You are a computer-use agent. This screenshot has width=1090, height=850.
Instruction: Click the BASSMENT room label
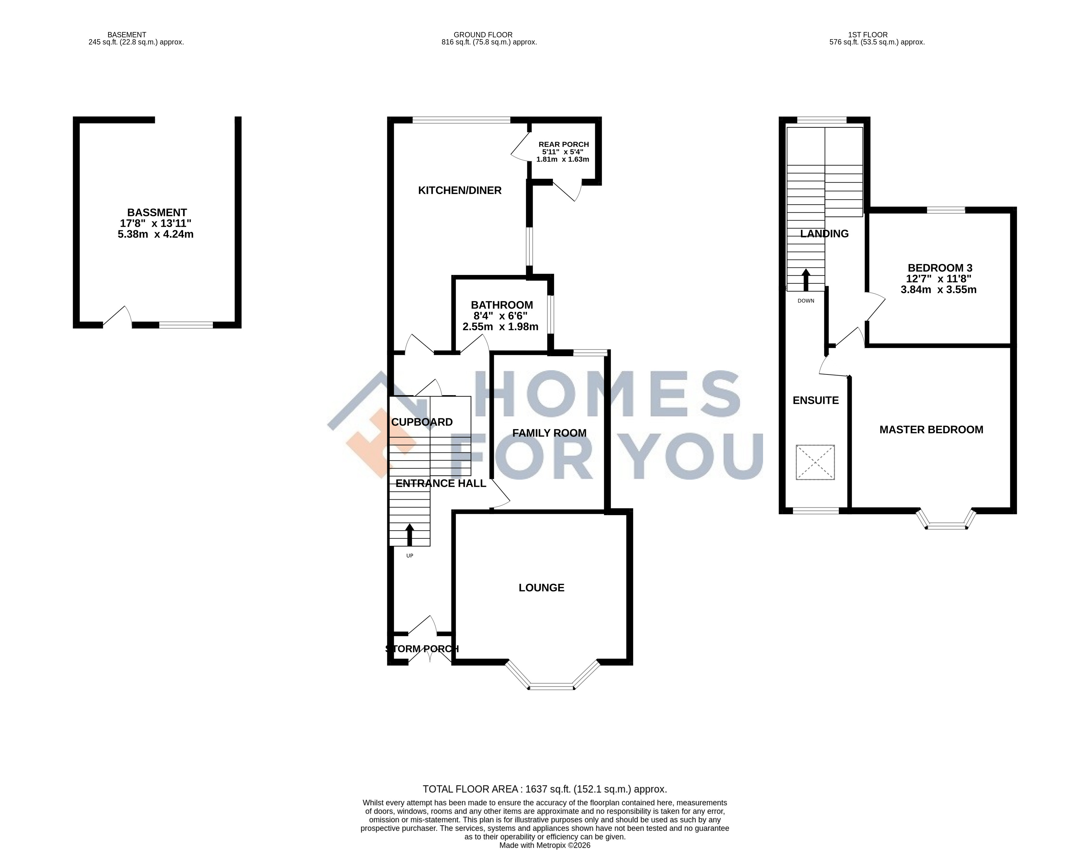click(157, 213)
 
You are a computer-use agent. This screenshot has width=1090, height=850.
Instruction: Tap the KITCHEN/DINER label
click(460, 190)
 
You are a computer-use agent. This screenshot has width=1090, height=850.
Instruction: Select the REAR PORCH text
click(563, 144)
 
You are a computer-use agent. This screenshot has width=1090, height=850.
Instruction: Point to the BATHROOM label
click(502, 305)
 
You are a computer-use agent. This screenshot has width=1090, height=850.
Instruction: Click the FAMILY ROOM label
click(549, 433)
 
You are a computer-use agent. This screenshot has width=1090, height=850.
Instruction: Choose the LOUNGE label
click(541, 588)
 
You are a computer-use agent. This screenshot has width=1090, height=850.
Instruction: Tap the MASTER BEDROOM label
click(931, 430)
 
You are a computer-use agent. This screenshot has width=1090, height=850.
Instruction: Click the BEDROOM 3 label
click(940, 268)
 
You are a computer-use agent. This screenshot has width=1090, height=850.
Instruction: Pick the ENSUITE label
click(816, 400)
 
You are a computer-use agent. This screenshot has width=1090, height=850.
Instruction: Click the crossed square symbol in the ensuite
click(815, 462)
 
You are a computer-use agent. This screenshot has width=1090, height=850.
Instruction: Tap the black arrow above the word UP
click(410, 534)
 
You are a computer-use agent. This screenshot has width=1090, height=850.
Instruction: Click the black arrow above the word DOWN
click(806, 280)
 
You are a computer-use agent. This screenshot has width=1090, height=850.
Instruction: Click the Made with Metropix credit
click(545, 846)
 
